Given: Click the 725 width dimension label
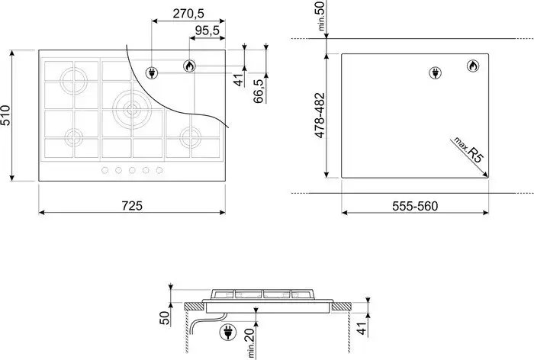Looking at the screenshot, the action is click(132, 206).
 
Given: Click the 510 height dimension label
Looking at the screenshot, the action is click(6, 115).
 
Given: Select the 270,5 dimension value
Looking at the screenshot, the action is click(188, 14).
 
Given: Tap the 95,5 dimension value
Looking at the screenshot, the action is click(207, 31).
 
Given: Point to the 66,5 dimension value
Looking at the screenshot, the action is click(259, 91).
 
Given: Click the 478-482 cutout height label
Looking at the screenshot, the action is click(320, 115).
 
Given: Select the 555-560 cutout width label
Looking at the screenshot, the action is click(415, 206).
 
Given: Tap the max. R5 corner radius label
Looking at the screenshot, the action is click(468, 149).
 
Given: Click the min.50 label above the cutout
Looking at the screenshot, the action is click(321, 16).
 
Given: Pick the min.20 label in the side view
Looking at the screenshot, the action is click(250, 343).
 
